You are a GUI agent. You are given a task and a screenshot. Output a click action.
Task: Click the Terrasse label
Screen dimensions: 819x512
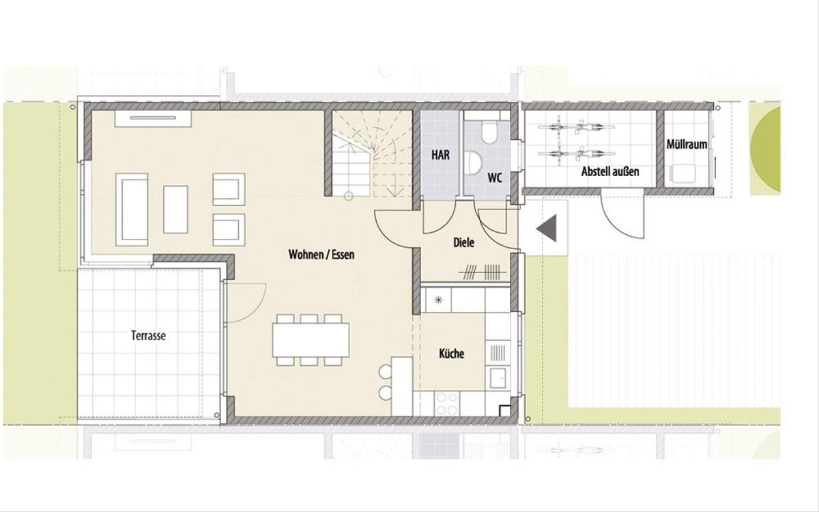pos(149,336)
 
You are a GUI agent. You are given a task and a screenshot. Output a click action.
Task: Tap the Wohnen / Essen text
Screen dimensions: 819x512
pos(321,255)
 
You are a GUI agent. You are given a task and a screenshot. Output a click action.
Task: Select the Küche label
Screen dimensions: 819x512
pos(452,354)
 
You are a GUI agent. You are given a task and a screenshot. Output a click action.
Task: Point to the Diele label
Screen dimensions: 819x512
pos(463,242)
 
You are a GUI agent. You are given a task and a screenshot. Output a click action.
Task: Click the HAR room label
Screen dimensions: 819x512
pos(441,155)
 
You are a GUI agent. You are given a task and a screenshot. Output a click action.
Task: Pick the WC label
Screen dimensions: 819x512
pos(495,178)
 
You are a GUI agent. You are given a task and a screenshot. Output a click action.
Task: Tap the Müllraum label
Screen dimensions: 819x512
pos(687,145)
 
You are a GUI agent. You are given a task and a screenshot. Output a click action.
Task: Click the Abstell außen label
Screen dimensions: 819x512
pos(610,171)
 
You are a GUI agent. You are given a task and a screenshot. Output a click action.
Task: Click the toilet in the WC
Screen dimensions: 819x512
pos(489,132)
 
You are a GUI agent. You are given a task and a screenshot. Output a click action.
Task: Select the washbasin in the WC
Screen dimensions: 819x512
pos(474,162)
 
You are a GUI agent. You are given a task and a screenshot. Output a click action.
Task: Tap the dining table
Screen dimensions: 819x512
pos(311,340)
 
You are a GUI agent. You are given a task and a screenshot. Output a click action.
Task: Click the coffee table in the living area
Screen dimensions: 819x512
pos(175,210)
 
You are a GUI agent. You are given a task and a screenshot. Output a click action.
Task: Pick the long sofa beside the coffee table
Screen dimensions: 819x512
pos(132,210)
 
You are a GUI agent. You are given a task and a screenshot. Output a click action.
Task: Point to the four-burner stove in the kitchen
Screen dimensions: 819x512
pos(448,403)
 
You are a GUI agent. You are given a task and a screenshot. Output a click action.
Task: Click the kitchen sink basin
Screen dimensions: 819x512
pos(498,378)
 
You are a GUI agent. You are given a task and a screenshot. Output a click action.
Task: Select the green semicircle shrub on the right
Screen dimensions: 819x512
pos(764,150)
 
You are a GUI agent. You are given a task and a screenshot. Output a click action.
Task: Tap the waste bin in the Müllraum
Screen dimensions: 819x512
pos(682,173)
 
